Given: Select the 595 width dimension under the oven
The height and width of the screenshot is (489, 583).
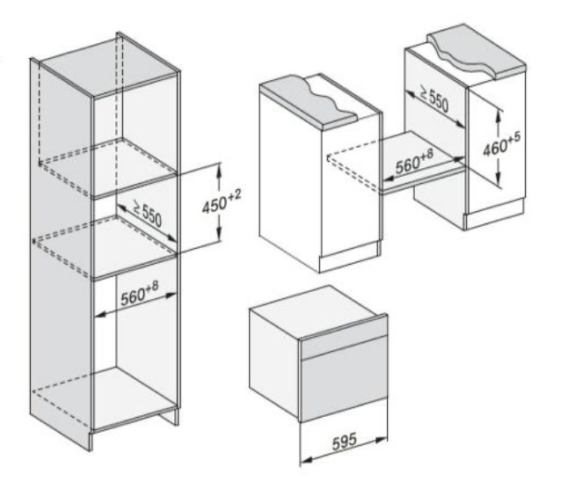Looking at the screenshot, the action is coord(345,442).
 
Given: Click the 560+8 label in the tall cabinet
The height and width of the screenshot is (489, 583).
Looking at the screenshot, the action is coord(140,293).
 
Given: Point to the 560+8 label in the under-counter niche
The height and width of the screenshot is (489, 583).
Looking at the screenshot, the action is coord(414,162).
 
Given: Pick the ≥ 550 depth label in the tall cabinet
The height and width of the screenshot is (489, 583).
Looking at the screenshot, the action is coord(147,214).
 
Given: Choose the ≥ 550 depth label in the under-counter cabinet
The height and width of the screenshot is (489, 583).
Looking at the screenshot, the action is coord(434,99).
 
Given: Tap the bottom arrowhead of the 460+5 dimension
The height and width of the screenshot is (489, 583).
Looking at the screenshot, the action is coord(499,180).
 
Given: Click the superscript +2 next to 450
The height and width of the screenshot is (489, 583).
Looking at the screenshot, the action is coord(236,195).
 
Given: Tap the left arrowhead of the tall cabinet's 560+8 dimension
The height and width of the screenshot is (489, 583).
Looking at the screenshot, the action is coord(100,316).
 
